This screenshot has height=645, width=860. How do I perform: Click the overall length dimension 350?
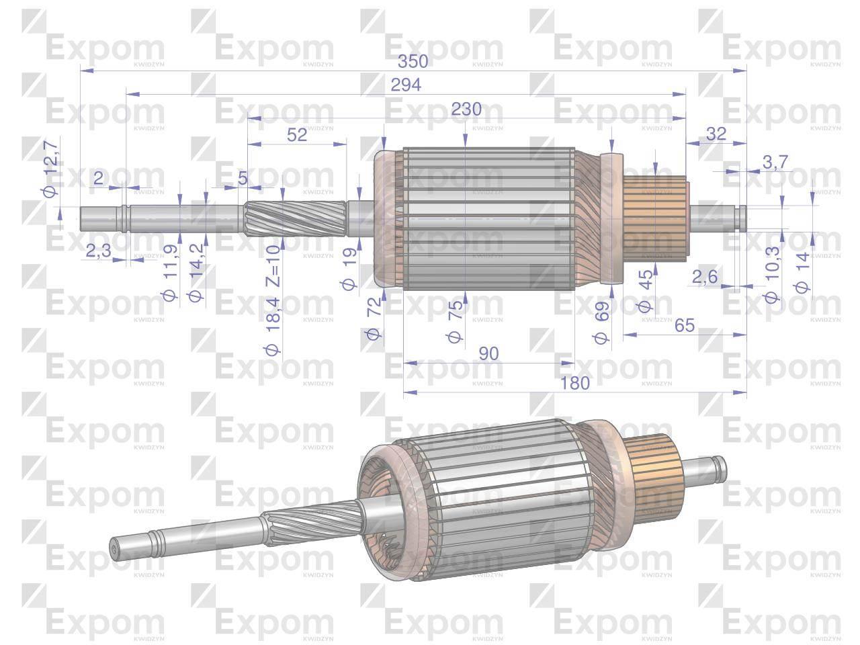(413, 62)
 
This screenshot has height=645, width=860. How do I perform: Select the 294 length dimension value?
(406, 85)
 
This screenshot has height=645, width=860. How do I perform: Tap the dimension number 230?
(466, 109)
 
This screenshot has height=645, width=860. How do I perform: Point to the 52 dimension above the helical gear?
(296, 135)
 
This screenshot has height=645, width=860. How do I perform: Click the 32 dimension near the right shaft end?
(716, 134)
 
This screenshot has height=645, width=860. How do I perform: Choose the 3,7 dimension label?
(775, 162)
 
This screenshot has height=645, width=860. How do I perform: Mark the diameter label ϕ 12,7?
(50, 169)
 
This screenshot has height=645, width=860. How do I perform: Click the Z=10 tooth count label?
(273, 266)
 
